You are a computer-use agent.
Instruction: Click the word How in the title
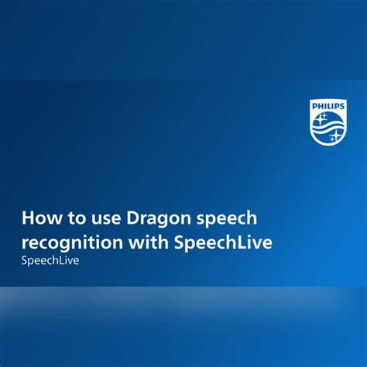[x=39, y=219]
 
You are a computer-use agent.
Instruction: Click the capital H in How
[x=29, y=219]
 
